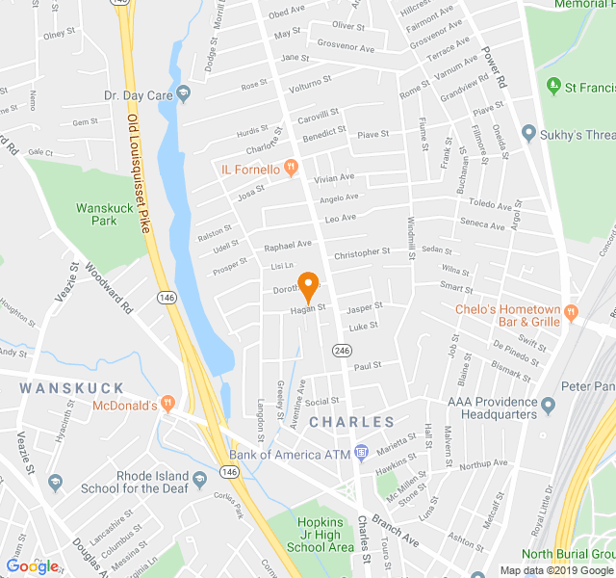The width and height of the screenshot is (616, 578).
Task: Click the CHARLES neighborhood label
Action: click(352, 422)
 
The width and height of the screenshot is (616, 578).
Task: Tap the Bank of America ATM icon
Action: click(361, 452)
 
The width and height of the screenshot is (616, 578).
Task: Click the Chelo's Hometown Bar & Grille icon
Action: click(570, 310)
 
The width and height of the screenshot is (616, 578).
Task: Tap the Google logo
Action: click(32, 565)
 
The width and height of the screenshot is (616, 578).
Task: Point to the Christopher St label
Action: click(362, 252)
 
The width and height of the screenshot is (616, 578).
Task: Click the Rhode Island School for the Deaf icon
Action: click(199, 479)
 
